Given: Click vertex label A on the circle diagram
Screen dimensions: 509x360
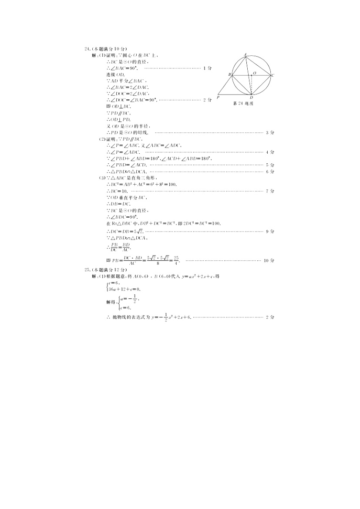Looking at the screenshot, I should tap(246, 54).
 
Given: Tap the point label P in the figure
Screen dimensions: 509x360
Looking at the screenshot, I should tap(218, 98).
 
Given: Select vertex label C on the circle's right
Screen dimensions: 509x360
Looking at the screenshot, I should tap(273, 75).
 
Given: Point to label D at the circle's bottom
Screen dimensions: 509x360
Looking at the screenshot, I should tap(251, 98).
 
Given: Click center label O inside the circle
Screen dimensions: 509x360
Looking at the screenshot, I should tap(254, 73).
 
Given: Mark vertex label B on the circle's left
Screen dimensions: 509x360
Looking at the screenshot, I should tap(229, 75).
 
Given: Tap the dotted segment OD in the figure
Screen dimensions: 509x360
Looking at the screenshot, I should tap(251, 84).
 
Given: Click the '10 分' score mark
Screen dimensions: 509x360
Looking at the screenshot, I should tap(269, 260).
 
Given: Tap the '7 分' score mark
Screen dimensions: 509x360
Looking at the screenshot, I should tap(270, 191).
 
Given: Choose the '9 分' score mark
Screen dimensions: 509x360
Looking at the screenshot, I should tap(270, 231).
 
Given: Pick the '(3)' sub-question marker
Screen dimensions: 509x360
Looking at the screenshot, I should tap(102, 178).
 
